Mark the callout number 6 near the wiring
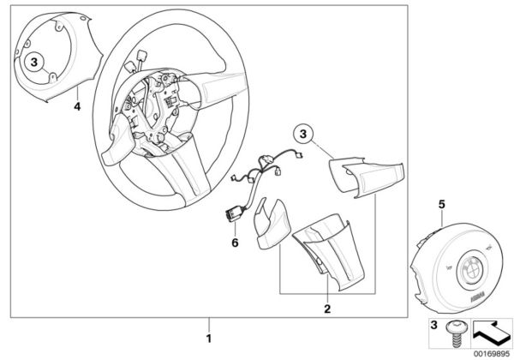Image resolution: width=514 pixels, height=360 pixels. tap(232, 242)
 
